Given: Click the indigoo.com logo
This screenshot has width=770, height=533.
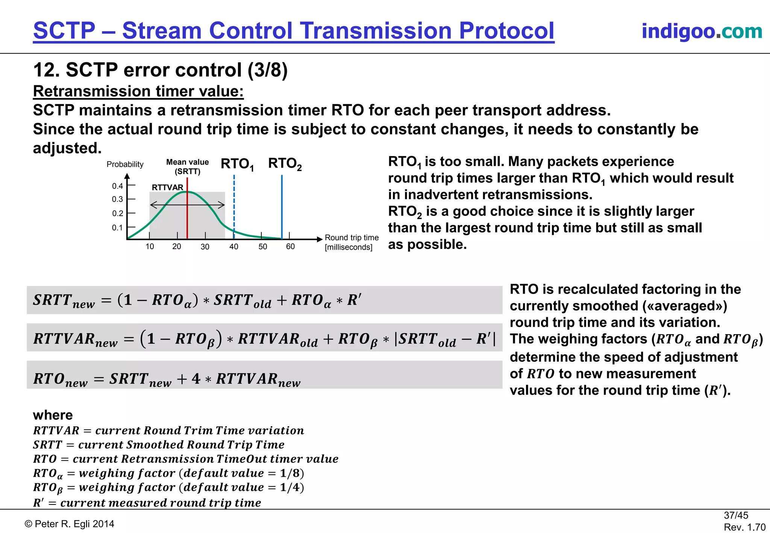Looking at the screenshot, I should click(x=702, y=31).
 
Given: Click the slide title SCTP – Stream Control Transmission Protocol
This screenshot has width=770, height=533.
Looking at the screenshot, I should click(x=294, y=31).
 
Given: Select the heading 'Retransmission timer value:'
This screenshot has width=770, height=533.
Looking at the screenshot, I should click(x=138, y=91).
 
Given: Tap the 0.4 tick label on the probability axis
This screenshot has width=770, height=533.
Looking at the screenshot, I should click(x=117, y=186).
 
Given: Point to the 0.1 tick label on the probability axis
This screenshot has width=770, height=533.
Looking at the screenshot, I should click(x=117, y=228).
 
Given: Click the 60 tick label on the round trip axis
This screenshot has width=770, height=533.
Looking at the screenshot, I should click(x=290, y=247).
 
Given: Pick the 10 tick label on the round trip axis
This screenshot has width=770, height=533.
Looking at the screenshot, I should click(x=150, y=247).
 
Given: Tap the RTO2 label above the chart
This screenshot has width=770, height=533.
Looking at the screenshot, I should click(x=285, y=164).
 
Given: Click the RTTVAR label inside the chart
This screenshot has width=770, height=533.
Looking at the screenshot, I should click(x=167, y=187).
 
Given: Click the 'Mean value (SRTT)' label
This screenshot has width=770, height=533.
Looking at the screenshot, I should click(x=187, y=167).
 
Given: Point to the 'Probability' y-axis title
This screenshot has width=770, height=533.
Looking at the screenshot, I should click(x=125, y=164).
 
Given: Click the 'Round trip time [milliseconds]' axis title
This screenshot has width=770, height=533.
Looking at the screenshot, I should click(x=351, y=242).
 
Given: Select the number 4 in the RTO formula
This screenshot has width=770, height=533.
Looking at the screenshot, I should click(x=196, y=379).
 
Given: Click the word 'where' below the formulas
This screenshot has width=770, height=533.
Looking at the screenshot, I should click(x=53, y=415).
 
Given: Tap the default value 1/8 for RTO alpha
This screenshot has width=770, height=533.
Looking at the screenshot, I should click(x=291, y=473).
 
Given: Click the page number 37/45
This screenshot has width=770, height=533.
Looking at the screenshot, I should click(x=736, y=515).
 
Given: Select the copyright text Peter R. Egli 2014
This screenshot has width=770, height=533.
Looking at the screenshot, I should click(x=70, y=524).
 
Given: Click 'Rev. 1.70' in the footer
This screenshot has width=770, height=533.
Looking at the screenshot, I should click(x=744, y=527).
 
